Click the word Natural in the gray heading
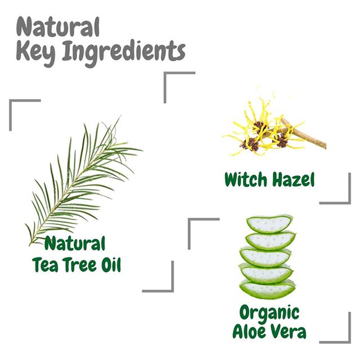pyautogui.click(x=58, y=26)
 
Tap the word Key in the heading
pyautogui.click(x=36, y=52)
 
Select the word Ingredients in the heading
pyautogui.click(x=124, y=53)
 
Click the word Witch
pyautogui.click(x=246, y=179)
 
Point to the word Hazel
pyautogui.click(x=293, y=179)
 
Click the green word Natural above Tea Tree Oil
pyautogui.click(x=75, y=243)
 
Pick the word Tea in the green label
pyautogui.click(x=45, y=264)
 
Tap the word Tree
pyautogui.click(x=80, y=264)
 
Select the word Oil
pyautogui.click(x=111, y=264)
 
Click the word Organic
pyautogui.click(x=269, y=313)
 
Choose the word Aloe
pyautogui.click(x=249, y=331)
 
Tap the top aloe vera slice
pyautogui.click(x=270, y=223)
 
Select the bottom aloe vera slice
pyautogui.click(x=267, y=290)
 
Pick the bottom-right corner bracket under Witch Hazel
pyautogui.click(x=349, y=202)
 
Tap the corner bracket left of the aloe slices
pyautogui.click(x=190, y=220)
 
